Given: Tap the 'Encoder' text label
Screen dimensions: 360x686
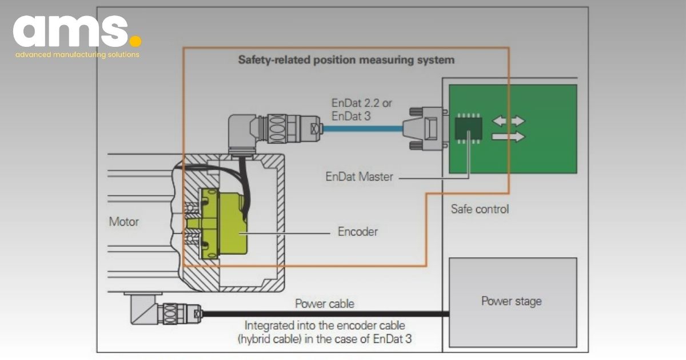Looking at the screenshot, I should pos(357,232).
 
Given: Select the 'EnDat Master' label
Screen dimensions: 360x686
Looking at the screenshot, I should pos(359,177).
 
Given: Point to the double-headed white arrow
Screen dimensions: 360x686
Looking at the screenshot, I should pos(509,121).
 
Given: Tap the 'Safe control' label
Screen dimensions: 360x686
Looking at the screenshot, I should pos(480,209).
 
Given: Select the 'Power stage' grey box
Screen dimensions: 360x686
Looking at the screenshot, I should pos(512,302).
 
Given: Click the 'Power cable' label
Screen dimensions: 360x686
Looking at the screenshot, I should pos(324,304).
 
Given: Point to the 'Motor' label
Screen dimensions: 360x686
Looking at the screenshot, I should pos(124,221).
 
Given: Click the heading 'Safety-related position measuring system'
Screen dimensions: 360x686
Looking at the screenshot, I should pos(346,59).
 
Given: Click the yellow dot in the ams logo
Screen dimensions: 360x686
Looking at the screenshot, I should pos(135,41).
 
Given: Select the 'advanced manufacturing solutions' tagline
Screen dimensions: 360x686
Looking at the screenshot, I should pos(77,55).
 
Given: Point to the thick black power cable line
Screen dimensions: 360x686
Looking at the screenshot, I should pos(326,313).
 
